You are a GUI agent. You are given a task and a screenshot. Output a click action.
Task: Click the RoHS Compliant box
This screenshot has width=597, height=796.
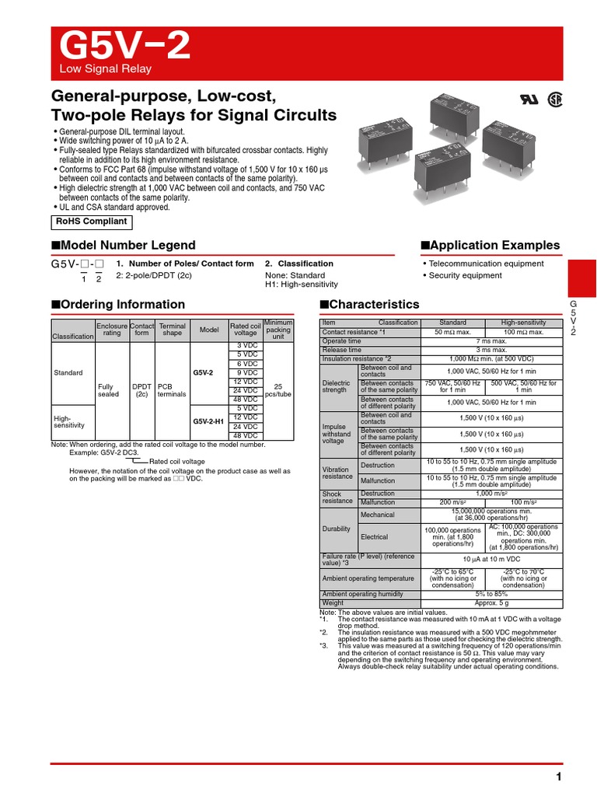(x=91, y=222)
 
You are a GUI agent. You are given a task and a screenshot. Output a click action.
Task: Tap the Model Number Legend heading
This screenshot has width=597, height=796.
(x=124, y=246)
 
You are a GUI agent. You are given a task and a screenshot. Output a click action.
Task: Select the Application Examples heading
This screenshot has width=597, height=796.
(x=490, y=245)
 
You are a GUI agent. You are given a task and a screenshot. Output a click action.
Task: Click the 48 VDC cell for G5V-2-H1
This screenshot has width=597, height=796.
(x=246, y=435)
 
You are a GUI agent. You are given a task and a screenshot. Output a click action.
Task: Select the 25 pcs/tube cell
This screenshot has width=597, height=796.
(x=278, y=390)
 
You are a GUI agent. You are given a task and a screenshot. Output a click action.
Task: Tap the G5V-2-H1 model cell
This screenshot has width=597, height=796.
(x=208, y=421)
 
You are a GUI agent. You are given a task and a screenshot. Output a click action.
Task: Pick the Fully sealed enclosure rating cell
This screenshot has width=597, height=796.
(x=109, y=390)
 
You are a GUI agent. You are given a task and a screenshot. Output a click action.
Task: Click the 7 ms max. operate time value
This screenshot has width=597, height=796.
(x=491, y=340)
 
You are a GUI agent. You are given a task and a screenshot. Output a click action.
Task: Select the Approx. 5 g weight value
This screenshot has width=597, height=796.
(x=491, y=602)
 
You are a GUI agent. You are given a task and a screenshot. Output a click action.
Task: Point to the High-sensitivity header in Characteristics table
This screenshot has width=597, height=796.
(x=524, y=323)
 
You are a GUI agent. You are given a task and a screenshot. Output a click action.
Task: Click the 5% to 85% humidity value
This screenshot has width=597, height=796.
(x=491, y=594)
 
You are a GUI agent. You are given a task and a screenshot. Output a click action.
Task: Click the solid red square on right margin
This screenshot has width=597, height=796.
(x=582, y=276)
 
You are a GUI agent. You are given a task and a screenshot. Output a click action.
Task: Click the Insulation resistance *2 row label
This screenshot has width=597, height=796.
(x=357, y=358)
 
